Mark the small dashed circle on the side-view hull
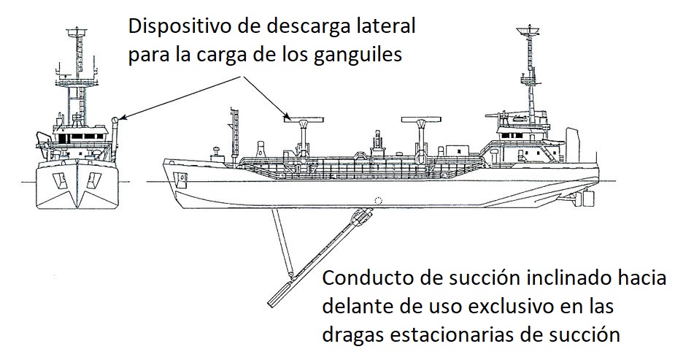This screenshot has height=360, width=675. click(377, 201)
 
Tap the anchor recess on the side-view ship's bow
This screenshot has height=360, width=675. click(182, 177)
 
